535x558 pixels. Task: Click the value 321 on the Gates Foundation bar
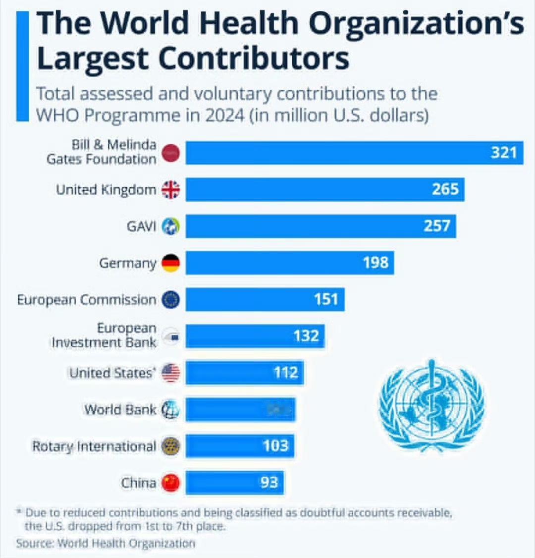[x=504, y=153]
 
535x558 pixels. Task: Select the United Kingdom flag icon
[x=171, y=189]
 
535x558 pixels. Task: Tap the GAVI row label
[x=141, y=226]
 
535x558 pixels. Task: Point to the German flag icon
[x=171, y=263]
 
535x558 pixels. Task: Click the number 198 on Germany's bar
[x=375, y=262]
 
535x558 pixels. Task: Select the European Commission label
[x=87, y=300]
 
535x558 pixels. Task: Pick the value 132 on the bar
[x=306, y=336]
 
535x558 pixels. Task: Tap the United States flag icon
[x=171, y=373]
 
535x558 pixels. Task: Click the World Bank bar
[x=240, y=409]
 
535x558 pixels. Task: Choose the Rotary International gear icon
[x=171, y=446]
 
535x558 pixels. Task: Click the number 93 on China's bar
[x=269, y=482]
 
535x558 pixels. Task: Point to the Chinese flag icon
[x=171, y=483]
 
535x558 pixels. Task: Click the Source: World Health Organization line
[x=106, y=543]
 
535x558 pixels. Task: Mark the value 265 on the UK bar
[x=445, y=189]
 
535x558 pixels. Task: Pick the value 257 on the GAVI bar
[x=436, y=226]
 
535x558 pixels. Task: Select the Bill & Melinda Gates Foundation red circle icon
[x=171, y=153]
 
